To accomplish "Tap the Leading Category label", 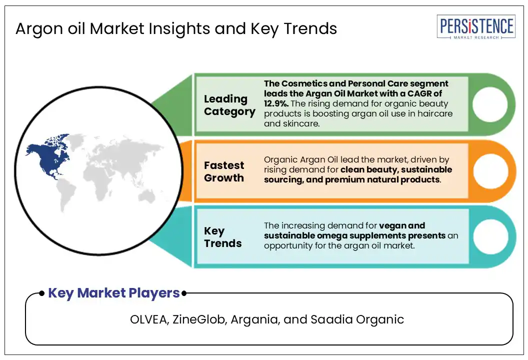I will tap(229, 105).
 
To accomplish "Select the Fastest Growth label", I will tap(224, 171).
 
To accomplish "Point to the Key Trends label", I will tap(222, 237).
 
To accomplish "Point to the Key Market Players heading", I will tap(114, 293).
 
